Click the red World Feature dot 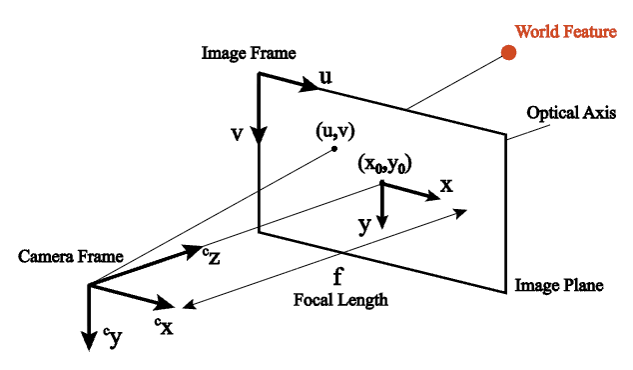[x=508, y=52]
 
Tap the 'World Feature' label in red [x=566, y=32]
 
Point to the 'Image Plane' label [x=559, y=286]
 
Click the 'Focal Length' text [x=339, y=299]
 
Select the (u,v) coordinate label [x=334, y=130]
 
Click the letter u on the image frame [x=326, y=76]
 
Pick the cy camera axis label [x=113, y=338]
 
